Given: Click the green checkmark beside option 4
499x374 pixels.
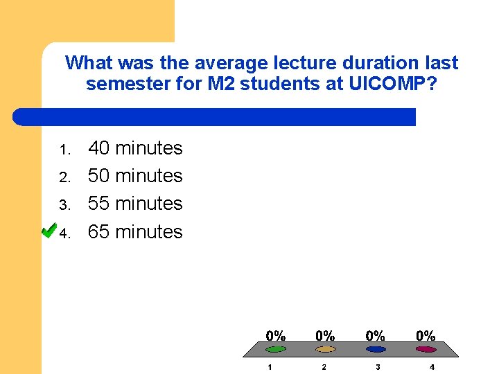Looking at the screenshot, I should coord(49,230).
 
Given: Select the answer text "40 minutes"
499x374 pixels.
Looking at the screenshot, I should coord(135,148).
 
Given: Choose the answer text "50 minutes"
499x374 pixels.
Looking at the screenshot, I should coord(135,176).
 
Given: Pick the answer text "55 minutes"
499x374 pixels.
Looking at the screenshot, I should coord(135,204).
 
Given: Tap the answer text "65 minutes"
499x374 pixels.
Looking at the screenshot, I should coord(135,231).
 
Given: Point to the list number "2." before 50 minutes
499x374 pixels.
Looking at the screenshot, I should coord(64,178).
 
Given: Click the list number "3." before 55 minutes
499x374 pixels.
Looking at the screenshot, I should coord(64,206).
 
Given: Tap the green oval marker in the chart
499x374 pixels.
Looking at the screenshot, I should coord(276,349).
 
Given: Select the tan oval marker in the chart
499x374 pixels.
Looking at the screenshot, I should coord(326,349).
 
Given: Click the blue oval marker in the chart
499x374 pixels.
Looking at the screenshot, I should coord(376,349).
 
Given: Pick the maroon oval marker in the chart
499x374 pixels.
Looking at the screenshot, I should coord(426,349).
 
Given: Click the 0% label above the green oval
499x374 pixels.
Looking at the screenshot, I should coord(276,335).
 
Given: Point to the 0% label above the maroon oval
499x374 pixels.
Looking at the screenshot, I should coord(426,335).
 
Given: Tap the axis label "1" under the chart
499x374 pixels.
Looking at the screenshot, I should coord(270,367).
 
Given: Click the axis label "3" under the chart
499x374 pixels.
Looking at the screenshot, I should coord(378,367).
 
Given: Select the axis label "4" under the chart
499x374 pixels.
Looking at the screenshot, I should coord(432,367).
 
